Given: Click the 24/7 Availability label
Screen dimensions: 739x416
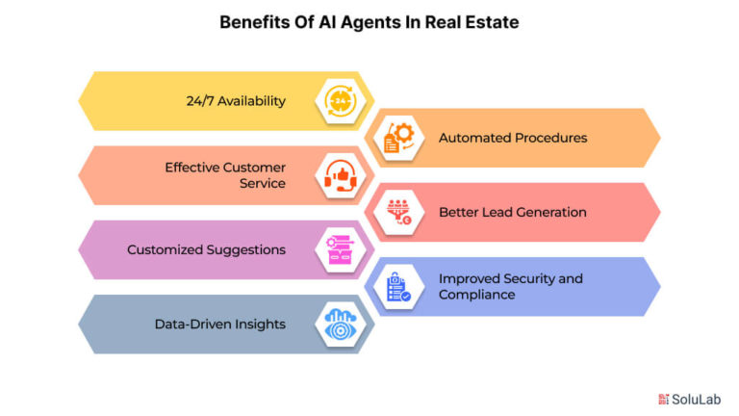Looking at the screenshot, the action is [236, 101].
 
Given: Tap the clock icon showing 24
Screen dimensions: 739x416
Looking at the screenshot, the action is [341, 101].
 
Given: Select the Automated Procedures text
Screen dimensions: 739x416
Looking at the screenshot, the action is [513, 138].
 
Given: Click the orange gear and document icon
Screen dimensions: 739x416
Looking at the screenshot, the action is [398, 138].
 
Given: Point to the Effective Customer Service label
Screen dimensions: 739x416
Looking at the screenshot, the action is [225, 175].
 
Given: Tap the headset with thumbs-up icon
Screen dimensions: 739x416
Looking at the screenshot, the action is [341, 175].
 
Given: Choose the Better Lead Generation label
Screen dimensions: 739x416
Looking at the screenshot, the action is [513, 212].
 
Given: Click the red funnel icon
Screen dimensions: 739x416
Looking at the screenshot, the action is [398, 212].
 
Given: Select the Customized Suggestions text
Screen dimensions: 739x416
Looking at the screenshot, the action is [207, 250].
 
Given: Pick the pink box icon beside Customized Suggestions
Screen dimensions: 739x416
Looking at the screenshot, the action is [341, 250].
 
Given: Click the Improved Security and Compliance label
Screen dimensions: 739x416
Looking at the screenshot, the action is [511, 286].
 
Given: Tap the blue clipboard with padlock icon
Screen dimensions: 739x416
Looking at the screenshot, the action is [398, 287].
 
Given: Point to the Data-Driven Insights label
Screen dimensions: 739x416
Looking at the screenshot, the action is [220, 324].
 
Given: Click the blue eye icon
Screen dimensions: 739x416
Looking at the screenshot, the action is [341, 324].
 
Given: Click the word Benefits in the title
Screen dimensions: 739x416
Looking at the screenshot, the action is [254, 22].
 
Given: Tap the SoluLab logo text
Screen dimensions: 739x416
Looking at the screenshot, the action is [696, 400].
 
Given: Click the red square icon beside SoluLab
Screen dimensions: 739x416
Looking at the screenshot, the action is [664, 400].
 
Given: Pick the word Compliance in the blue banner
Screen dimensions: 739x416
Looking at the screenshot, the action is [477, 295].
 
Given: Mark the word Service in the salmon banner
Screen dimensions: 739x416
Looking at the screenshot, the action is [263, 183].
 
